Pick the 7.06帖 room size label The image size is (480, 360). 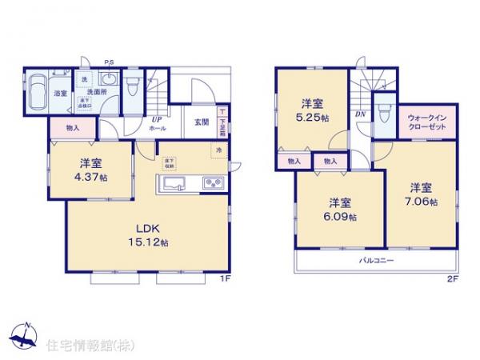421,195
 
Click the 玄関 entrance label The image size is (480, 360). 202,122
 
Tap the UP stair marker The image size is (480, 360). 157,119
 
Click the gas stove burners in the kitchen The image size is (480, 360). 212,182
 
